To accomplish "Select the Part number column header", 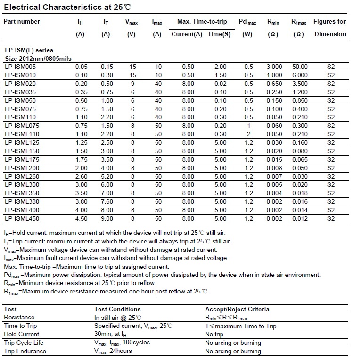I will pyautogui.click(x=22, y=21).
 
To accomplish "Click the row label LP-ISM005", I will pyautogui.click(x=20, y=67).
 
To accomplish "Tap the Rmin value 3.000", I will pyautogui.click(x=274, y=67).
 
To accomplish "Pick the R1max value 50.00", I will pyautogui.click(x=300, y=67).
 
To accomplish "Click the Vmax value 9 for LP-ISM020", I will pyautogui.click(x=132, y=84).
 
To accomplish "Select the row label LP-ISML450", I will pyautogui.click(x=22, y=218).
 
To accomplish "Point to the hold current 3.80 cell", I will pyautogui.click(x=82, y=201).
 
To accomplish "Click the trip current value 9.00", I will pyautogui.click(x=107, y=218).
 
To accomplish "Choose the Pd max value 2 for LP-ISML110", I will pyautogui.click(x=248, y=134).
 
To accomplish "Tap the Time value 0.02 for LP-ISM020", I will pyautogui.click(x=220, y=84).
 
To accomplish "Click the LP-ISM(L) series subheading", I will pyautogui.click(x=29, y=50).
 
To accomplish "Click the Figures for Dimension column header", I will pyautogui.click(x=330, y=27).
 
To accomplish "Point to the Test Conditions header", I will pyautogui.click(x=117, y=309).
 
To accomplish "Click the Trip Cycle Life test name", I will pyautogui.click(x=24, y=343).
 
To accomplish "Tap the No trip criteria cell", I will pyautogui.click(x=214, y=334).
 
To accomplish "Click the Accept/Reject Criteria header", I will pyautogui.click(x=237, y=309).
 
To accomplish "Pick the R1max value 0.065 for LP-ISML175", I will pyautogui.click(x=300, y=159).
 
